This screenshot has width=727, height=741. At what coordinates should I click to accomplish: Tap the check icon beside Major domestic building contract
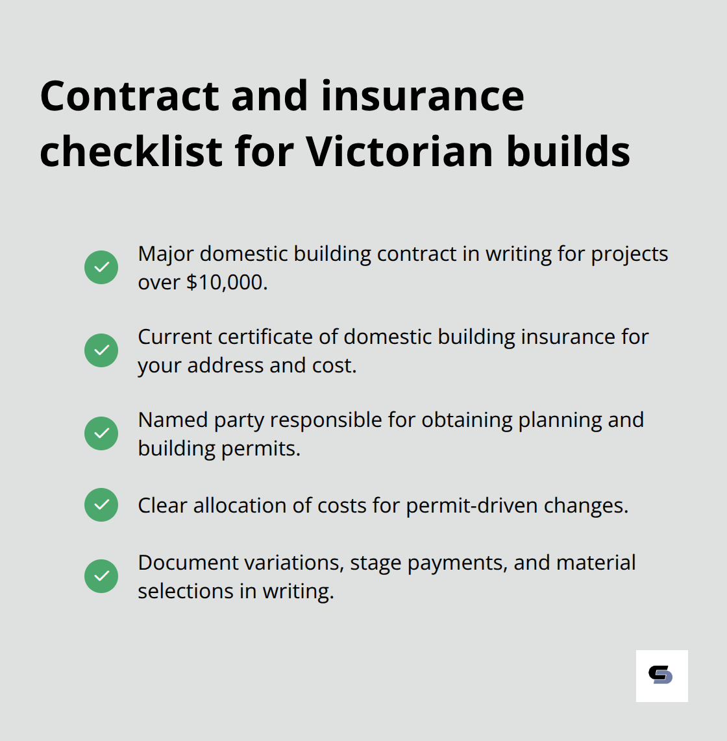pos(101,267)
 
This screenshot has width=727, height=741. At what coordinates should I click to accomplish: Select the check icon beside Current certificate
pos(101,350)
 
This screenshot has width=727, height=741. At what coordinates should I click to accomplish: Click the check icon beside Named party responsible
pos(101,433)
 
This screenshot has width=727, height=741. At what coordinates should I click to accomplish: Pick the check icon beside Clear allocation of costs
pos(101,505)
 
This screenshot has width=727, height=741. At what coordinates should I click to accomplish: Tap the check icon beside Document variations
pos(101,576)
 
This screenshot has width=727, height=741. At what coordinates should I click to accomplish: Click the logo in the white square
pos(661,675)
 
